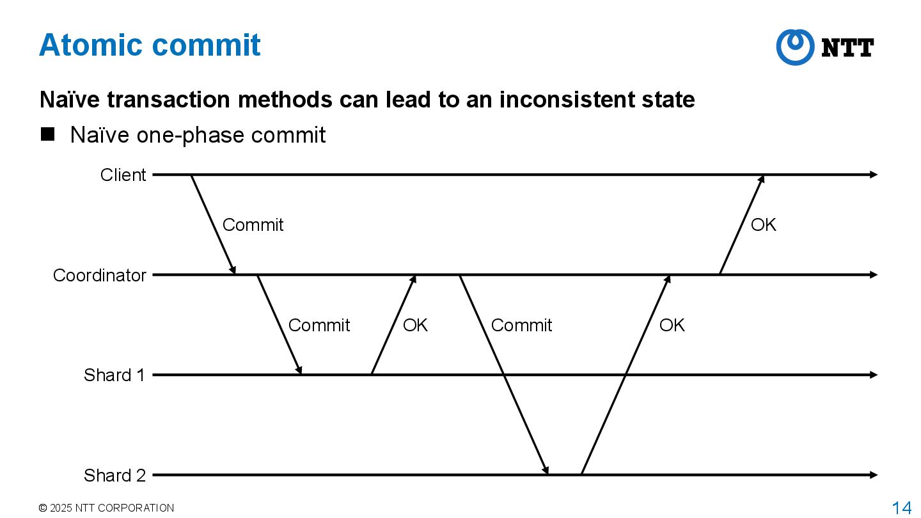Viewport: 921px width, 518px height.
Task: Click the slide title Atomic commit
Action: (x=150, y=45)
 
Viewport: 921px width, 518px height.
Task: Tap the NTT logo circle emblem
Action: (x=794, y=47)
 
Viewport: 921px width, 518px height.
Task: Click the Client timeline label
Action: (x=123, y=175)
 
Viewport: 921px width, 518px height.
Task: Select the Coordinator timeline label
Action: (x=99, y=275)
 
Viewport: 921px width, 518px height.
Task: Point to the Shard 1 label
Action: (x=114, y=375)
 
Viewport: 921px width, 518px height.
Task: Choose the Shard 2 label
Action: (x=114, y=475)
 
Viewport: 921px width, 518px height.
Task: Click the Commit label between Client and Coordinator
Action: (x=253, y=225)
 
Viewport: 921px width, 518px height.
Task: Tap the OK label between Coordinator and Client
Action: (x=763, y=225)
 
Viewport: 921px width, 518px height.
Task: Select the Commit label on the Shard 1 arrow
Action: (x=319, y=326)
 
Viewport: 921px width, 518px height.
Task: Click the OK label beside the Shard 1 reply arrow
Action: (x=415, y=326)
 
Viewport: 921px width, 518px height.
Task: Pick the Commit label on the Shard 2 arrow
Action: (x=521, y=326)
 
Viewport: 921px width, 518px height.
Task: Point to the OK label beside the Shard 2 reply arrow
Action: (x=672, y=326)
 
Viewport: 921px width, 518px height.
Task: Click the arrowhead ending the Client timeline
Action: (x=874, y=175)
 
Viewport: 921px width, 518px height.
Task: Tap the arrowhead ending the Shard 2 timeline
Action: (x=874, y=475)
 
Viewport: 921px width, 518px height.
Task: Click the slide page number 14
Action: (x=902, y=508)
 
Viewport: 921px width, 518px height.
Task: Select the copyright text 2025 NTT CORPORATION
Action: (x=106, y=508)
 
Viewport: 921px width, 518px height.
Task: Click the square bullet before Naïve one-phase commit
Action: (x=48, y=134)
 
